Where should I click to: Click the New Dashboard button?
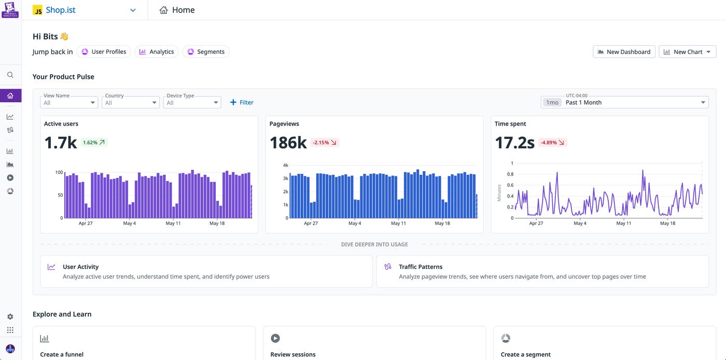tap(623, 52)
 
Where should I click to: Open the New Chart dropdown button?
tap(687, 52)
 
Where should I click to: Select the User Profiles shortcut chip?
tap(104, 52)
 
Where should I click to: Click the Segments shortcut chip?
tap(206, 52)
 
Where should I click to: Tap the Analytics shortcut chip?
tap(157, 52)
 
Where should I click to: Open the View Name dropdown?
tap(69, 102)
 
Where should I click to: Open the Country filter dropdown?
tap(131, 102)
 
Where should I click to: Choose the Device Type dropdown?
tap(192, 102)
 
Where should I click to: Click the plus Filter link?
tap(242, 102)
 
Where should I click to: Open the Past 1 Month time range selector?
tap(624, 102)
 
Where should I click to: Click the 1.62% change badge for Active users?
tap(94, 142)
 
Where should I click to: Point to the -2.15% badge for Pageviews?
tap(325, 142)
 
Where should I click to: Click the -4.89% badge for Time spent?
tap(552, 142)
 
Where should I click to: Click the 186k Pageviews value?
tap(288, 142)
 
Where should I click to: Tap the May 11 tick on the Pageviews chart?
tap(398, 224)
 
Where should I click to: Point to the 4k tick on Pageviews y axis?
tap(285, 165)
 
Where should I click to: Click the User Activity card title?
tap(80, 267)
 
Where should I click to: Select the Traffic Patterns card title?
tap(421, 267)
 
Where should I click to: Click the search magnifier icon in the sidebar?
tap(10, 75)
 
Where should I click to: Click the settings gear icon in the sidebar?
tap(10, 316)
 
